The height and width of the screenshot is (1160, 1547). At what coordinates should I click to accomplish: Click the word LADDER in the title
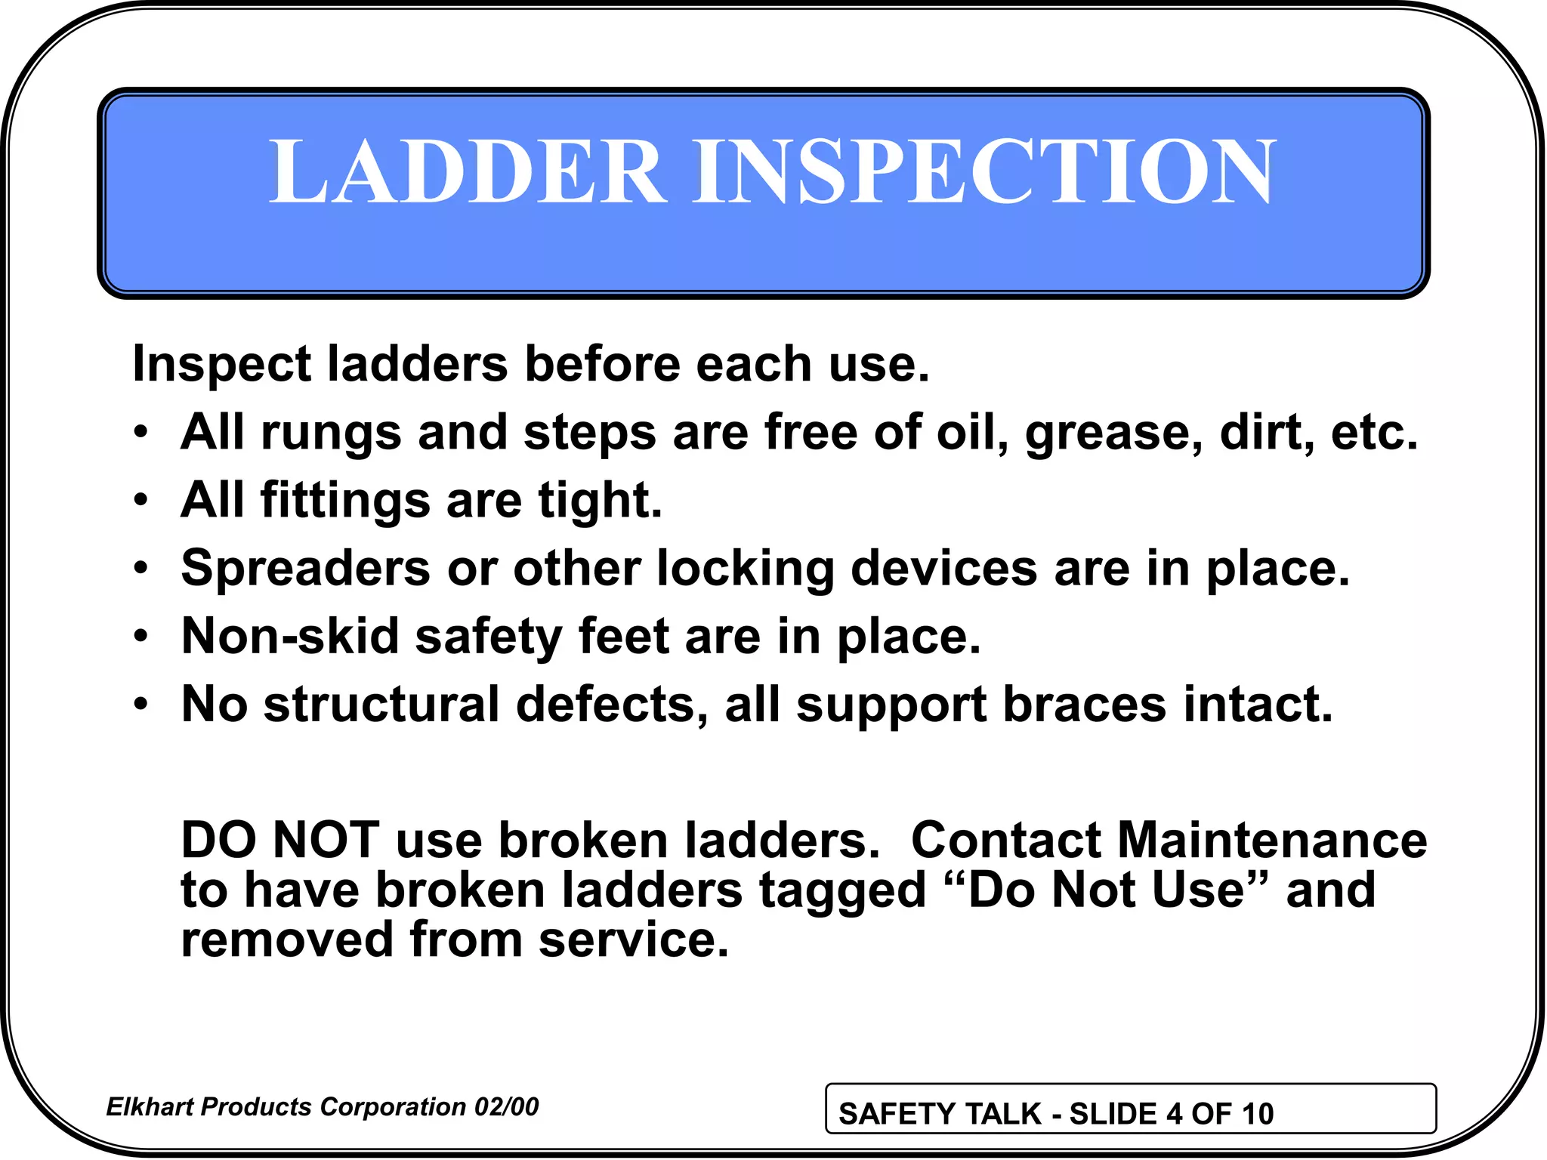pos(468,171)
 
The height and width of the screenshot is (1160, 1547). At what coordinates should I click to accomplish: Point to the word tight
pos(600,501)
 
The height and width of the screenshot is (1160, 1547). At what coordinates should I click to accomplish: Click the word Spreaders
pos(306,569)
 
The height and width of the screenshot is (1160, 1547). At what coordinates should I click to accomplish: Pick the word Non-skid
pos(290,637)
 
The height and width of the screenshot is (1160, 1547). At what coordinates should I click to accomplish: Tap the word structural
pos(381,705)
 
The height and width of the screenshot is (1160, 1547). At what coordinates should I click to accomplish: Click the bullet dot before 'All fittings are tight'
pos(141,501)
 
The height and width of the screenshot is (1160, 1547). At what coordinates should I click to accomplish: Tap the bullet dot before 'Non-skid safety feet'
pos(141,637)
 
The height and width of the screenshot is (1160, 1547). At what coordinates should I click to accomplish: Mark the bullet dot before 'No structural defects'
pos(141,705)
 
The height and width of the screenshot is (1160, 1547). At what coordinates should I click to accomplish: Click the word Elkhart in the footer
pos(150,1107)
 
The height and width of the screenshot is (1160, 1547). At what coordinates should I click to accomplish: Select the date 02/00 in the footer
pos(506,1107)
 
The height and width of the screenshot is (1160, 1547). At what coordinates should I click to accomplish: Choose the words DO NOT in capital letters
pos(280,840)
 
